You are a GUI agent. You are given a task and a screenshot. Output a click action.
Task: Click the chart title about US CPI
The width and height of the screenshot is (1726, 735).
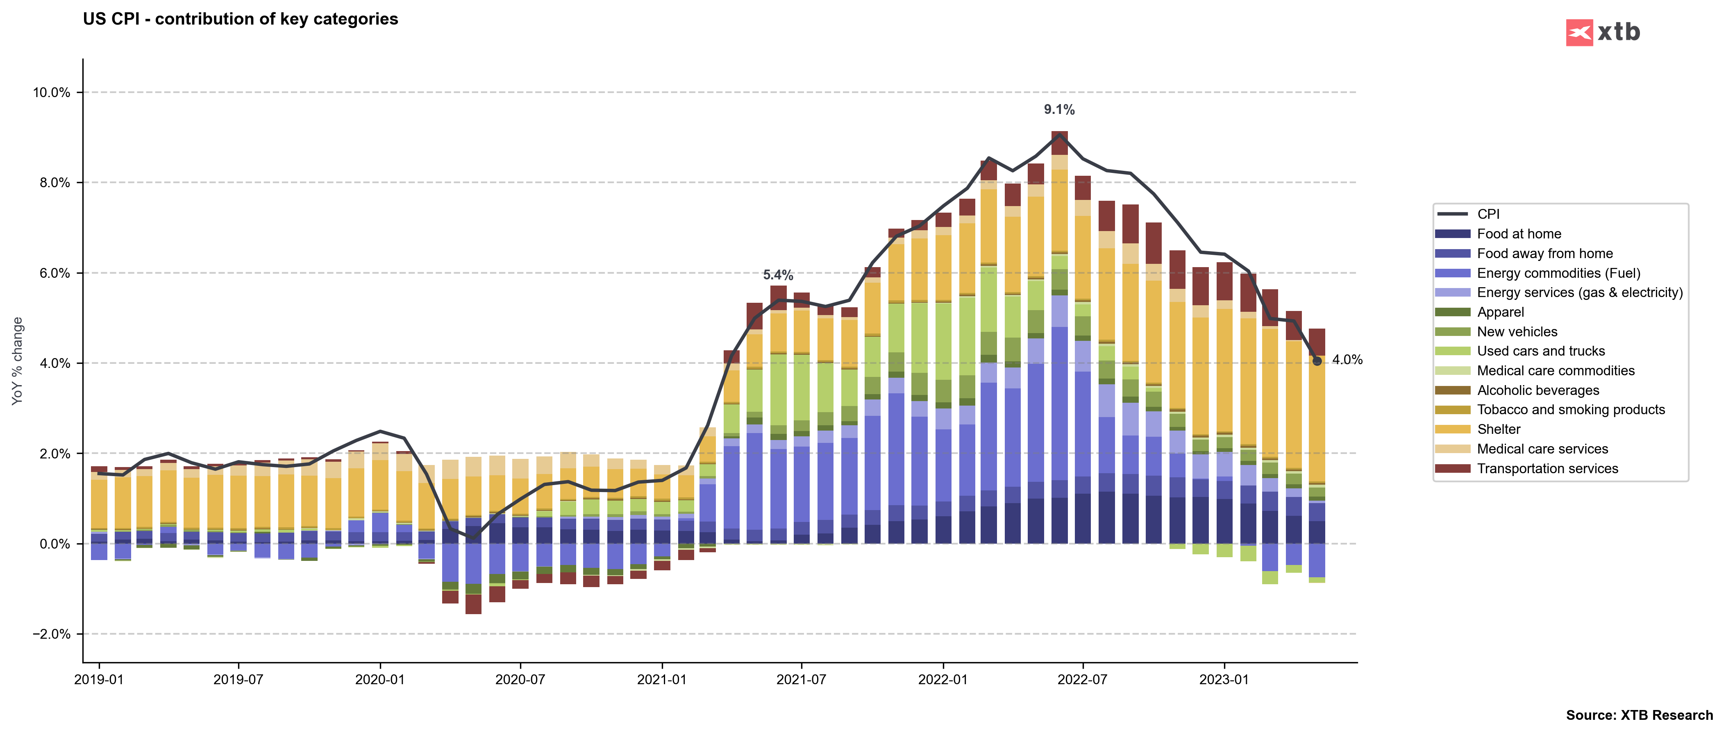240,19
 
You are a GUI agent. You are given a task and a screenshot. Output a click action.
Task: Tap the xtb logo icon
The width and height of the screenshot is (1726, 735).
1579,32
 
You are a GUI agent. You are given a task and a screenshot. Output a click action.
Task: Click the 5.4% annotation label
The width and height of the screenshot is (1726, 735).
778,275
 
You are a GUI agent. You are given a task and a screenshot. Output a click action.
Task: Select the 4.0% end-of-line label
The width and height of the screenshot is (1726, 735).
1347,360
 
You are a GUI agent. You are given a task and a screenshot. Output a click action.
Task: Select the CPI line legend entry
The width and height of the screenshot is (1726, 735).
1488,214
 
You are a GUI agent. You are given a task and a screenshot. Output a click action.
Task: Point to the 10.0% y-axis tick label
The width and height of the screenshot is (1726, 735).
52,93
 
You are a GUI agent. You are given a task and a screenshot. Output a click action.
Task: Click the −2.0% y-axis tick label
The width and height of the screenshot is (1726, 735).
52,634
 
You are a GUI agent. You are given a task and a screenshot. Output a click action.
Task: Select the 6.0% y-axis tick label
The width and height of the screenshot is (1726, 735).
54,273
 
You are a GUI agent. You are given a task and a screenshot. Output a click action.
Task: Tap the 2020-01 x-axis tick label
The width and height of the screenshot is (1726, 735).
380,679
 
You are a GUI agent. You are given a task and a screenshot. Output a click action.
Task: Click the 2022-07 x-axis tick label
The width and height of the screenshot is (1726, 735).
1082,679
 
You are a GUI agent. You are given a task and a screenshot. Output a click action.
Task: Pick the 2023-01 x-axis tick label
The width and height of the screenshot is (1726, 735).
1224,679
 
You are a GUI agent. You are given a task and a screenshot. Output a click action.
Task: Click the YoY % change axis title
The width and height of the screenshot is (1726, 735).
18,361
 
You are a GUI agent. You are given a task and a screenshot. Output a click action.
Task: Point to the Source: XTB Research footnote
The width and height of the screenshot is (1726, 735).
1639,715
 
